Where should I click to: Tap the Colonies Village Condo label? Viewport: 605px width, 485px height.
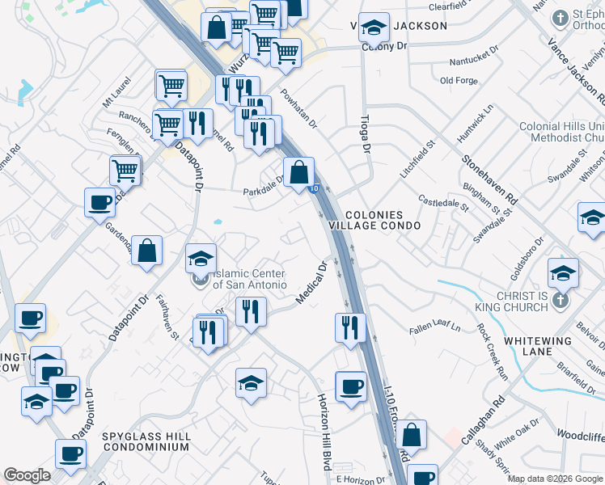point(383,221)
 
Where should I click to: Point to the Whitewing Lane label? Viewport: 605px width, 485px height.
point(538,348)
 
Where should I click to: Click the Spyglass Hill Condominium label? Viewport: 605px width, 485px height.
point(146,441)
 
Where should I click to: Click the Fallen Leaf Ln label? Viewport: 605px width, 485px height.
point(434,328)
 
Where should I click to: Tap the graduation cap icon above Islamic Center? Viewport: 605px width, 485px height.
point(201,259)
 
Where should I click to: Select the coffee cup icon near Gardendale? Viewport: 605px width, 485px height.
point(99,202)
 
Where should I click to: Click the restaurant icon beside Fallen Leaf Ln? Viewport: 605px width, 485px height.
point(350,327)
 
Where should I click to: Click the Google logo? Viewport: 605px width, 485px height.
point(27,475)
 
